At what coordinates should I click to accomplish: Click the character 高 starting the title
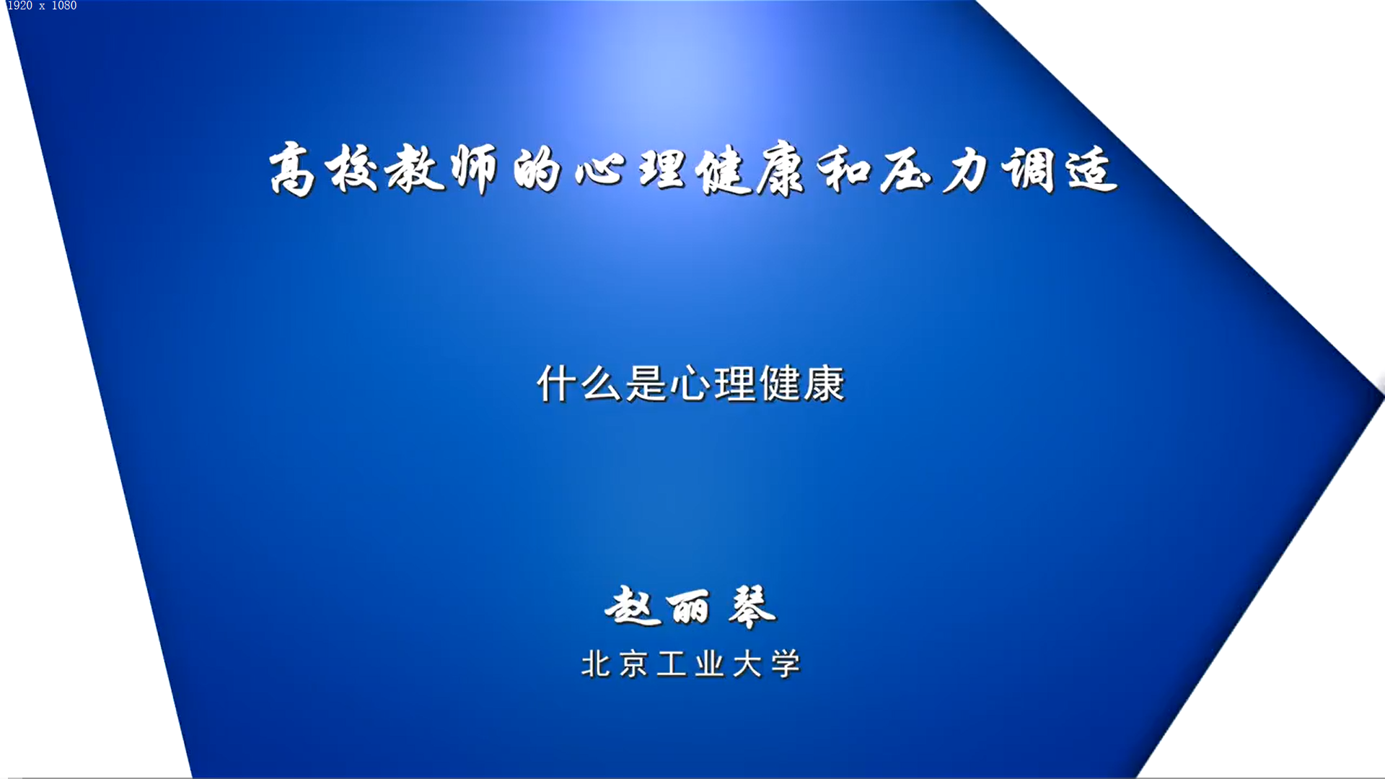(292, 170)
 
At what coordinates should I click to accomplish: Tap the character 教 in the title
(414, 170)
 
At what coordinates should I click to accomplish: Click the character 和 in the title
(845, 171)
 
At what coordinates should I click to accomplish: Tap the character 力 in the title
(965, 171)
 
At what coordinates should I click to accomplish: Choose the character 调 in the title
(1028, 170)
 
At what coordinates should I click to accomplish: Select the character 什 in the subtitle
(557, 384)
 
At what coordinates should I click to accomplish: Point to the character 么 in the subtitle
(601, 384)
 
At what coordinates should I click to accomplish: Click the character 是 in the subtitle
(646, 384)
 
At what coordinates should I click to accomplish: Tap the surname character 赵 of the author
(633, 607)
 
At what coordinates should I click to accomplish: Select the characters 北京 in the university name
(615, 664)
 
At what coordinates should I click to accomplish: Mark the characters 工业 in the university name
(690, 664)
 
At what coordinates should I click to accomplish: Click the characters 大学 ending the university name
(767, 664)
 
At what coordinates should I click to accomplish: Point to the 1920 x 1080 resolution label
(42, 6)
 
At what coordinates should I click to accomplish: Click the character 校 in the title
(352, 170)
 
